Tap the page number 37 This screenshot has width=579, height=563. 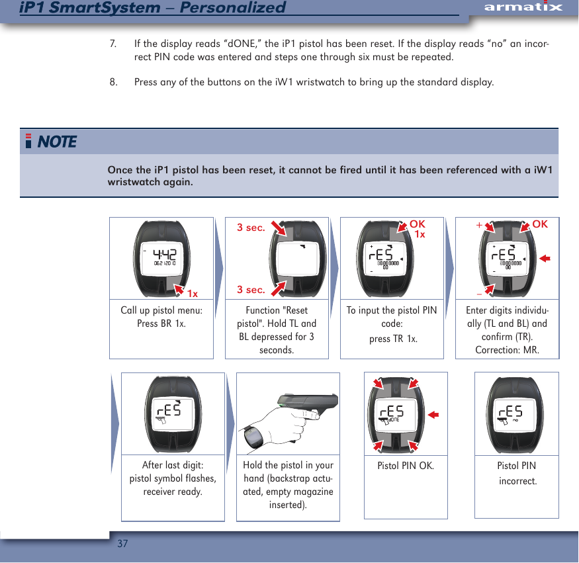pos(122,544)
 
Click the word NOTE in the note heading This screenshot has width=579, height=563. pos(57,142)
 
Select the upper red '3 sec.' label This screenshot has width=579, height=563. pos(251,228)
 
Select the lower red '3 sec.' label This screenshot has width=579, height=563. pos(251,290)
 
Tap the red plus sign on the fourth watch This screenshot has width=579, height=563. pos(478,225)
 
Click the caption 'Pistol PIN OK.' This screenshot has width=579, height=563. pos(406,466)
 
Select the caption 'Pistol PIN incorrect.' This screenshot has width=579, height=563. pos(517,473)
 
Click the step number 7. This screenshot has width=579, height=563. pos(113,44)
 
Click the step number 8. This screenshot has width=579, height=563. pos(113,83)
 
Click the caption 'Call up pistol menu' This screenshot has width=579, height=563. pos(161,310)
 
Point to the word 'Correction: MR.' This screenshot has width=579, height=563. pos(507,349)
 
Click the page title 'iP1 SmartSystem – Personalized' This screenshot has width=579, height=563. pos(153,8)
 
